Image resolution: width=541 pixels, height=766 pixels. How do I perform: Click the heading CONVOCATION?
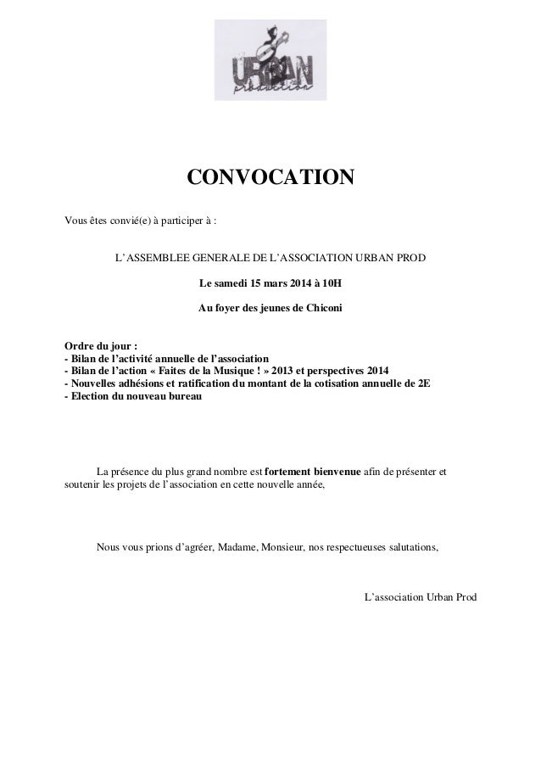tap(270, 179)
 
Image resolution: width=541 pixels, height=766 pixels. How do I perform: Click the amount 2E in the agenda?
tap(423, 383)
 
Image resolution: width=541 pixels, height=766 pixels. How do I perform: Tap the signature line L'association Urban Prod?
tap(420, 597)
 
